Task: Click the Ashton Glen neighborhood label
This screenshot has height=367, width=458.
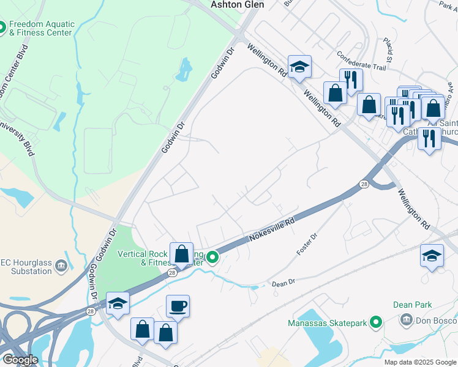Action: [x=237, y=4]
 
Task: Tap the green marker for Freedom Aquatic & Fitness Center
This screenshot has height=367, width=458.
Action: [x=2, y=28]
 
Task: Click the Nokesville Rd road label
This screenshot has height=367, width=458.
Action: [x=271, y=230]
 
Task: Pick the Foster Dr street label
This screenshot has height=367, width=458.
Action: [x=307, y=243]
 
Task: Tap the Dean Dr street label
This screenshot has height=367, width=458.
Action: [x=283, y=283]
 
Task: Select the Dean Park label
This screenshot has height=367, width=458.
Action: [x=413, y=304]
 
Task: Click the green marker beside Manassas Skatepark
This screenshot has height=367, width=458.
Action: [x=377, y=322]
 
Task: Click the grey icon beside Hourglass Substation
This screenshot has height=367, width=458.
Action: [x=61, y=265]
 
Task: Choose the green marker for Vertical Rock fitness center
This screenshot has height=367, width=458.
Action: [x=212, y=258]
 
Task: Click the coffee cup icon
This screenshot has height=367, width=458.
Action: [x=178, y=306]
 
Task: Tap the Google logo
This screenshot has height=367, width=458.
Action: [x=20, y=360]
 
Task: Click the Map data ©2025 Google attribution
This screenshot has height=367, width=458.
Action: [x=419, y=362]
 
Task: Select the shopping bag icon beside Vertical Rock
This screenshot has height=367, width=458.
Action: [x=181, y=253]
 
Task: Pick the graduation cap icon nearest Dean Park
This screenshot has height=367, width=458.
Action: [x=432, y=255]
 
